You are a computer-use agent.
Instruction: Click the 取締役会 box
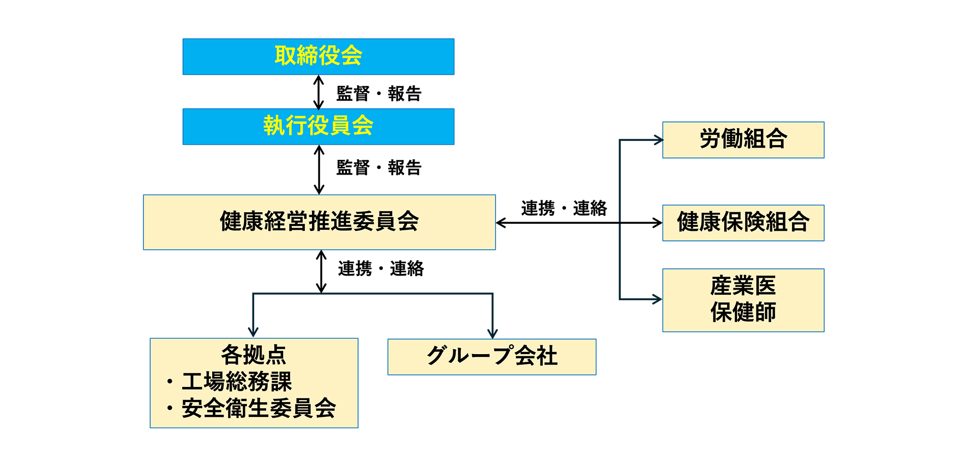318,56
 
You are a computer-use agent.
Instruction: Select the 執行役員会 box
318,126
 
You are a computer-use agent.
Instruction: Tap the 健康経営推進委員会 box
319,222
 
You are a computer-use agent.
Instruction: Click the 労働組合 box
743,140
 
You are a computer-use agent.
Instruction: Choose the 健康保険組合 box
743,223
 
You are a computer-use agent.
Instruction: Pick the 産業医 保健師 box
743,300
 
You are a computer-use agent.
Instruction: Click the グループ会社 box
491,356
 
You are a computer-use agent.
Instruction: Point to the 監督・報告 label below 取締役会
379,93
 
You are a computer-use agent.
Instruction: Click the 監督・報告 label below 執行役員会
379,168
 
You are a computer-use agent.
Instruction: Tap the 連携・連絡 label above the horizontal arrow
563,208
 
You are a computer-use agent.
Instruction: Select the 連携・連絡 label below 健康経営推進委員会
381,268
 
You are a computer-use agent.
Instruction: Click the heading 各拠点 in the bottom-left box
254,355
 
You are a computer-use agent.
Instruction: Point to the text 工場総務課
237,381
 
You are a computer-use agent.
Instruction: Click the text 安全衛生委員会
259,408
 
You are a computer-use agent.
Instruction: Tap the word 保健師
743,313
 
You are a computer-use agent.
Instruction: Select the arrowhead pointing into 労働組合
658,140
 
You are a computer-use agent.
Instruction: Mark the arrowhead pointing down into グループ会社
492,333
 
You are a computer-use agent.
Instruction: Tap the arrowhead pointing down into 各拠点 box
253,332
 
